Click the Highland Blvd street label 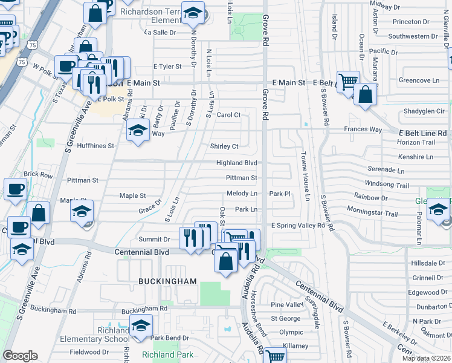coord(237,163)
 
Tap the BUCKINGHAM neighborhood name coord(167,281)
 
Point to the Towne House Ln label coord(306,176)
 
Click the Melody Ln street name coord(242,194)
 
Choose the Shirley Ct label coord(224,146)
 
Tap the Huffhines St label coord(95,146)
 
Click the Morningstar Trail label coord(372,214)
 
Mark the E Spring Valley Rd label coord(298,226)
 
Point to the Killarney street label coord(294,345)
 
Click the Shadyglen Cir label coord(424,111)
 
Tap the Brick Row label coord(39,174)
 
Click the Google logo coord(20,356)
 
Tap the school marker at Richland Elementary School coord(141,327)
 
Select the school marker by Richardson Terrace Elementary coord(193,12)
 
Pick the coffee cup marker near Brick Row coord(15,189)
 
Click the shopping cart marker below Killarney coord(276,356)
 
